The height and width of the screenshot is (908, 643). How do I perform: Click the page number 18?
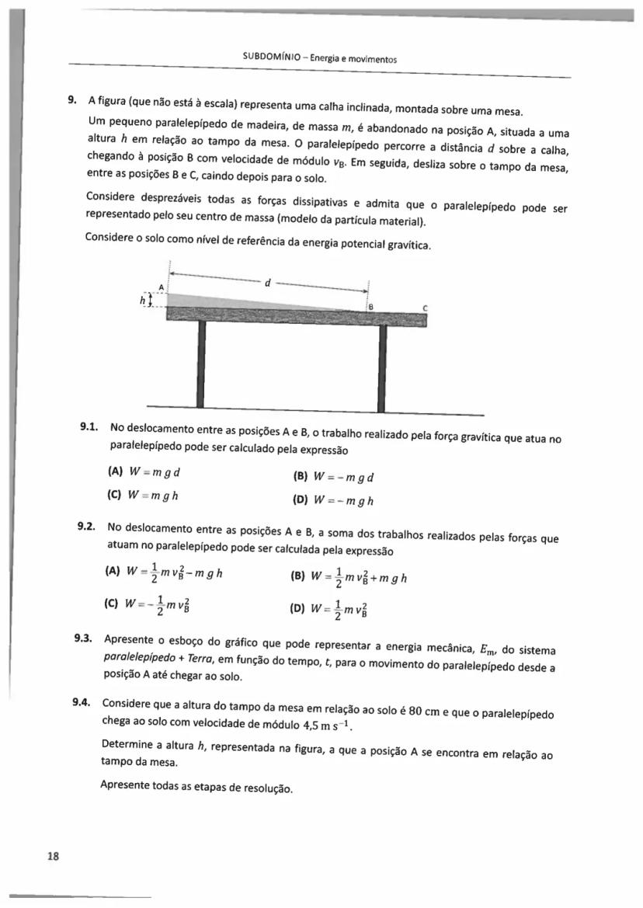(53, 856)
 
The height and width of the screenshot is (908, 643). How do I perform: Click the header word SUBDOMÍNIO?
(268, 58)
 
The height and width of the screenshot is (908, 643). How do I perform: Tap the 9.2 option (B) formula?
(349, 577)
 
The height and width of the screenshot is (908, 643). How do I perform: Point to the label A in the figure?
(162, 287)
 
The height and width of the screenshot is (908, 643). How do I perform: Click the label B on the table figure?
(371, 307)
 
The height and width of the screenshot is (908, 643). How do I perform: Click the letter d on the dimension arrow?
(268, 283)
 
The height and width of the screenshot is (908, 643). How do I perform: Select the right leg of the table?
(382, 367)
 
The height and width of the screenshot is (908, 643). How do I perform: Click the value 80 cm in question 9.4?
(423, 713)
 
